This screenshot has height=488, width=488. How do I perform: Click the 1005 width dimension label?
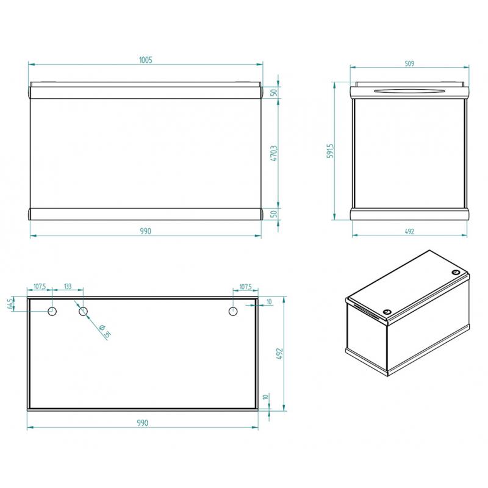click(146, 60)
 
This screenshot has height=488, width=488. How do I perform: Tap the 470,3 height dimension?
click(274, 153)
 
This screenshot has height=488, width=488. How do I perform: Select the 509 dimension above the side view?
click(409, 63)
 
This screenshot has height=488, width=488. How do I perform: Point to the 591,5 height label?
click(330, 151)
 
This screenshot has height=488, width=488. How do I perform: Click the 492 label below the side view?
click(409, 231)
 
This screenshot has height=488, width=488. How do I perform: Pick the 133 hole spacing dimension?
click(68, 286)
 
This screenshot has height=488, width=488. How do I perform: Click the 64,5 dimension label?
click(10, 303)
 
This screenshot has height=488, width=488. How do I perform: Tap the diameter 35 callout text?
click(104, 331)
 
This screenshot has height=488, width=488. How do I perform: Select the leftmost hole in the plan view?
click(52, 311)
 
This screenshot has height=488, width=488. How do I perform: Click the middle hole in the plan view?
click(83, 311)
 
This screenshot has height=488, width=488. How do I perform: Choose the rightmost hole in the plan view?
click(233, 311)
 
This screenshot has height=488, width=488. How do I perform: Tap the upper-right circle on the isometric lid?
click(456, 272)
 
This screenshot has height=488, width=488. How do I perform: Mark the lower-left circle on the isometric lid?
click(387, 312)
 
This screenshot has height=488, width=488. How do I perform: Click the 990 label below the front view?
click(145, 231)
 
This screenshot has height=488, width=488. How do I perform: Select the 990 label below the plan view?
click(143, 423)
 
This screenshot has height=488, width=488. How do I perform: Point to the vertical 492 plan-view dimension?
click(279, 354)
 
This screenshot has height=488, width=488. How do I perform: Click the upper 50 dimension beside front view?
click(274, 93)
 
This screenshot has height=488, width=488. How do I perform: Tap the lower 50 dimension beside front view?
click(274, 214)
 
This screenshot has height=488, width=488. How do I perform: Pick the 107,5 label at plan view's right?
click(246, 287)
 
